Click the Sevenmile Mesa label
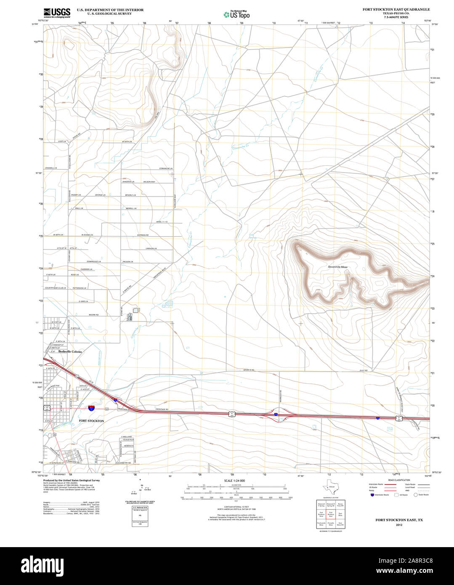coord(338,267)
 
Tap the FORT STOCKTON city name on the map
coord(91,421)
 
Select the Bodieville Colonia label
coord(70,351)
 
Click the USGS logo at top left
coord(57,13)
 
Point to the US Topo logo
coord(236,14)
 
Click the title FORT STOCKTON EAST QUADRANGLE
coord(396,9)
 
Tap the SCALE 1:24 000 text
coord(234,481)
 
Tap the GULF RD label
coord(364,370)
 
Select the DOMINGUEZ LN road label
coord(91,261)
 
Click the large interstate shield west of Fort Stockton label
coord(92,408)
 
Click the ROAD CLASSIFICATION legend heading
coord(399,480)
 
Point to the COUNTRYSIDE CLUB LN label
coord(56,288)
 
